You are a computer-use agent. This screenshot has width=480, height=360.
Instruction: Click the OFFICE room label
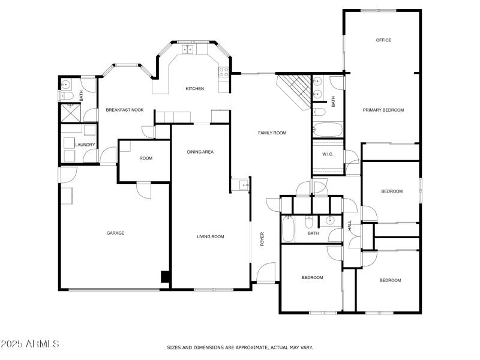383,40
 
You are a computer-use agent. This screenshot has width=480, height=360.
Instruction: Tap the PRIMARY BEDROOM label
383,110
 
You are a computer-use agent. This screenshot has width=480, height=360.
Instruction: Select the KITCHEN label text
194,89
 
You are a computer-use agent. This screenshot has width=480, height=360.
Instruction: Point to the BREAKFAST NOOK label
125,110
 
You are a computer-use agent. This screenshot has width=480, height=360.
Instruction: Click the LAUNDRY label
85,145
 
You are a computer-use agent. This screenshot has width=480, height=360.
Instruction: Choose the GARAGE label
115,233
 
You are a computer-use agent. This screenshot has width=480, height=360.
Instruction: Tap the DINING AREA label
200,152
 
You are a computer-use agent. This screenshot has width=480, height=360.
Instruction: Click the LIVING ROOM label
210,236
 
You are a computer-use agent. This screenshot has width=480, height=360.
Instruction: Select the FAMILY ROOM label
272,133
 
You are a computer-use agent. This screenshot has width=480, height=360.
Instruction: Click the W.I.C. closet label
328,154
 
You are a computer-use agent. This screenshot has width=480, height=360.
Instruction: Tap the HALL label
350,226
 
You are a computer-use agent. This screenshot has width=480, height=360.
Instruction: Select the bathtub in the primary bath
328,130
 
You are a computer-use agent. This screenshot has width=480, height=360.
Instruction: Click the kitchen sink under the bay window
188,49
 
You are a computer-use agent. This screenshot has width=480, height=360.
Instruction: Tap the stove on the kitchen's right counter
224,72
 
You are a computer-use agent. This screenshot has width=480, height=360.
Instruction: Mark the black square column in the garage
164,277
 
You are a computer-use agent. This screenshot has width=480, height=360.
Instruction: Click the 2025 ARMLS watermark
29,344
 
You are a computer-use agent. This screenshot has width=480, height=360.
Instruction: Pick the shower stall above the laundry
70,112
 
